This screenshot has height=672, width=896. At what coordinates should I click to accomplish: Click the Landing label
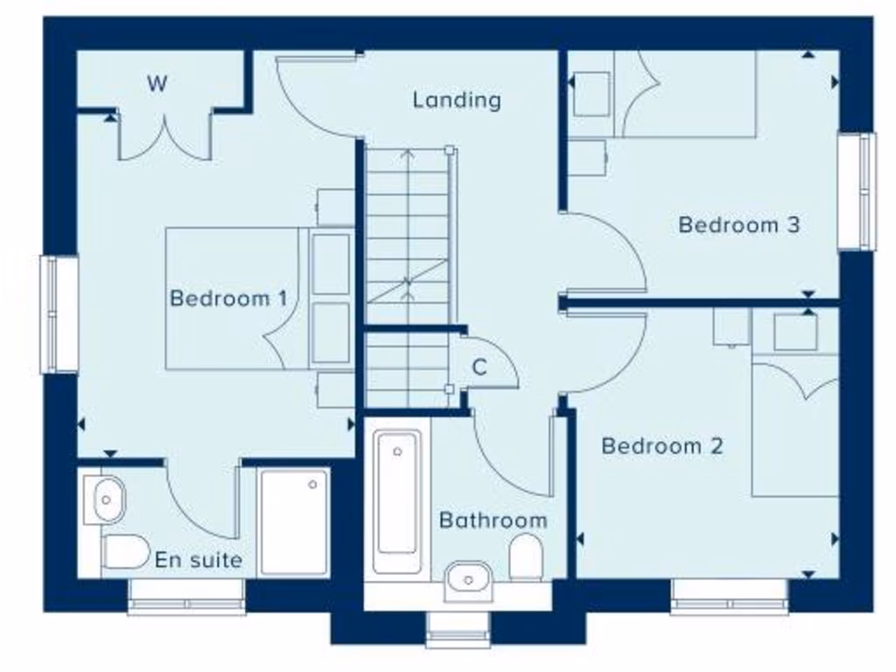457,100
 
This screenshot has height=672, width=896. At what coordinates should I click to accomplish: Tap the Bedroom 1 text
228,298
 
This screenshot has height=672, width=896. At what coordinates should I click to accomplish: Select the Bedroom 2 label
662,446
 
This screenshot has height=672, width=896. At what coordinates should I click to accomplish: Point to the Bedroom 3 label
739,225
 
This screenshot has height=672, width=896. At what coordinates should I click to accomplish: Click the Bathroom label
493,521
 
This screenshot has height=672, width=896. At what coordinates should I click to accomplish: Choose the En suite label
199,560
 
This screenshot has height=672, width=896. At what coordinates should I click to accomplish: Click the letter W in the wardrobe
157,84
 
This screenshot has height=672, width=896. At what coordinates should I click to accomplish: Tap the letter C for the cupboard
479,367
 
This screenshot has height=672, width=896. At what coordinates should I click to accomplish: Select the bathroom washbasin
469,580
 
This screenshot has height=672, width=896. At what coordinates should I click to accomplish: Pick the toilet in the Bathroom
526,557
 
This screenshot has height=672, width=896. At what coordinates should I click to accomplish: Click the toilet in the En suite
125,551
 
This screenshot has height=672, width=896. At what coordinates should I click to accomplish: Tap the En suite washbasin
107,500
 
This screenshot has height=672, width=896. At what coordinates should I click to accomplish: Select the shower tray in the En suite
295,521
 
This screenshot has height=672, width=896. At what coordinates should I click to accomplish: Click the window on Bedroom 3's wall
857,191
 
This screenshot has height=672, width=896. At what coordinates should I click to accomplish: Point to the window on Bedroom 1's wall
59,313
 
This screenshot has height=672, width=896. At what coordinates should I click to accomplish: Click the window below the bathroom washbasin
458,628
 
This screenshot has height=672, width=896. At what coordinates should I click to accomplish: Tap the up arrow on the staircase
408,157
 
